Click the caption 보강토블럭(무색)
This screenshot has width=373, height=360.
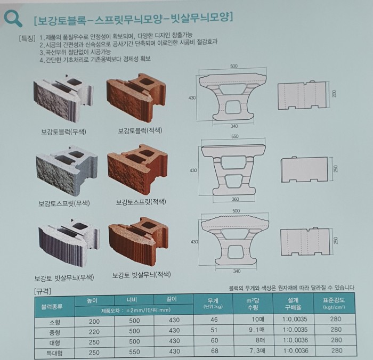pos(63,132)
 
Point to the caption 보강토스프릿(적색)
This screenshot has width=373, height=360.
pos(141,202)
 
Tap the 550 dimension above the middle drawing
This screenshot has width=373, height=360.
pos(235,136)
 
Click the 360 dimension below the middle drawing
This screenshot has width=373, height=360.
pos(236,199)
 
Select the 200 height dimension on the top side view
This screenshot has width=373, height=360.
pos(334,93)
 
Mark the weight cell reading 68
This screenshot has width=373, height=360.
pos(214,351)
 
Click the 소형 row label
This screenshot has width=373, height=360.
pos(54,322)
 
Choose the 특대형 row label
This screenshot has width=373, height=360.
pos(54,353)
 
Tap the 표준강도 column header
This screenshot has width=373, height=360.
pos(334,303)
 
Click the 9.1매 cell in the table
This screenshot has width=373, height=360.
pos(256,330)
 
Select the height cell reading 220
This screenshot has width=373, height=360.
pos(94,332)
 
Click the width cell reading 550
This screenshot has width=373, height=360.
pos(134,351)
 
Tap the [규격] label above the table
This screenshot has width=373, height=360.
pos(43,291)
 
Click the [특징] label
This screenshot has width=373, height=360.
pos(27,38)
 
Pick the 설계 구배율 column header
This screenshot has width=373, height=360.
pos(293,304)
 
